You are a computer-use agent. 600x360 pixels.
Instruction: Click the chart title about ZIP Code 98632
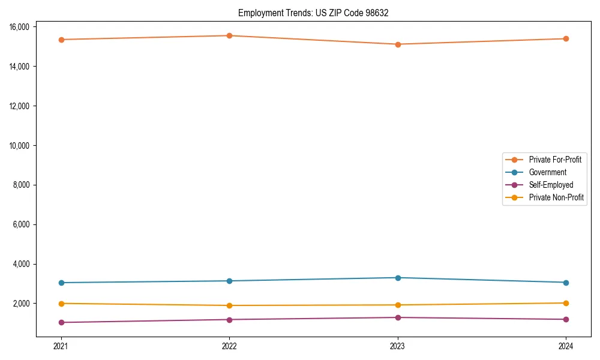click(313, 13)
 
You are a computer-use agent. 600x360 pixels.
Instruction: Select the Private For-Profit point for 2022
click(229, 35)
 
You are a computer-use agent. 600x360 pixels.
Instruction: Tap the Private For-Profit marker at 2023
click(398, 44)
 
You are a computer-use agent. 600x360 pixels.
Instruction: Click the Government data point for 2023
click(398, 278)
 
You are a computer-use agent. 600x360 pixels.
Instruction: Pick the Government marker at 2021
click(61, 283)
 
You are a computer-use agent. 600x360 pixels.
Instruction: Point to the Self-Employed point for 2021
click(61, 322)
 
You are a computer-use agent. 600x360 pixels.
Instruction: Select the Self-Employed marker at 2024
click(566, 319)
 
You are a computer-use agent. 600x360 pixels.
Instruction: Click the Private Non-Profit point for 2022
click(229, 305)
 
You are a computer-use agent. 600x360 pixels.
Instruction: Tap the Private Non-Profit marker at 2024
click(566, 303)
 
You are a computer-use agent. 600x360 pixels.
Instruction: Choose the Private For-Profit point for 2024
click(566, 38)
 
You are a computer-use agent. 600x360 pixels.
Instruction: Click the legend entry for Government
click(547, 172)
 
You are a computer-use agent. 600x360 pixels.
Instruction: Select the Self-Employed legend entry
click(551, 185)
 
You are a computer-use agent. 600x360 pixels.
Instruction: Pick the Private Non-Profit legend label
click(556, 197)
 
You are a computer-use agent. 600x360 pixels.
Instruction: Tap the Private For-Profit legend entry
click(555, 160)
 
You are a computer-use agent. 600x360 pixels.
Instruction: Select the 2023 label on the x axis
click(398, 346)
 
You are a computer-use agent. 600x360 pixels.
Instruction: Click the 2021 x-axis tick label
click(61, 346)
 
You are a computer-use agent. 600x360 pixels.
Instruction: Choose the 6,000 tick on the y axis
click(22, 224)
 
